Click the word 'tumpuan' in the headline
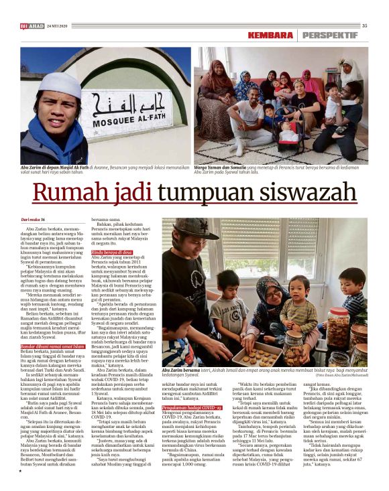(x=185, y=193)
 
